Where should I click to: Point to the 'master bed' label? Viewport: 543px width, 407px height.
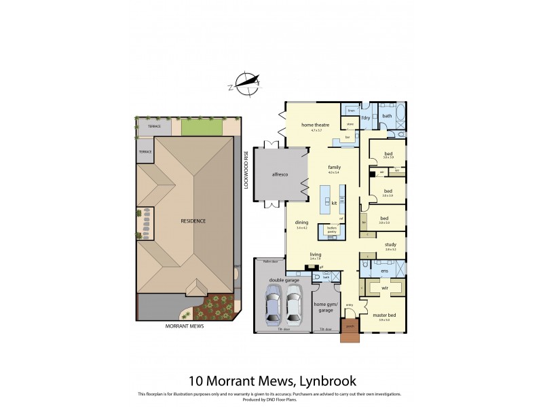click(383, 315)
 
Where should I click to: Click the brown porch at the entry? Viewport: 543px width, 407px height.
click(350, 335)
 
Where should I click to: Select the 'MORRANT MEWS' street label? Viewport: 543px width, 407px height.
click(185, 326)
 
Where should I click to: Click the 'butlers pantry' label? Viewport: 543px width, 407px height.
click(332, 231)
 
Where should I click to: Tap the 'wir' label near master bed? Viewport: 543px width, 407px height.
click(385, 288)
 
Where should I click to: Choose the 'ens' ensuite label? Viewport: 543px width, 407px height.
click(384, 271)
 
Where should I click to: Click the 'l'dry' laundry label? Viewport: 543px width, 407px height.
click(365, 119)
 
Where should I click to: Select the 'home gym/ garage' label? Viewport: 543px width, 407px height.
click(325, 306)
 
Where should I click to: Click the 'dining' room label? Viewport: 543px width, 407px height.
click(301, 222)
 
